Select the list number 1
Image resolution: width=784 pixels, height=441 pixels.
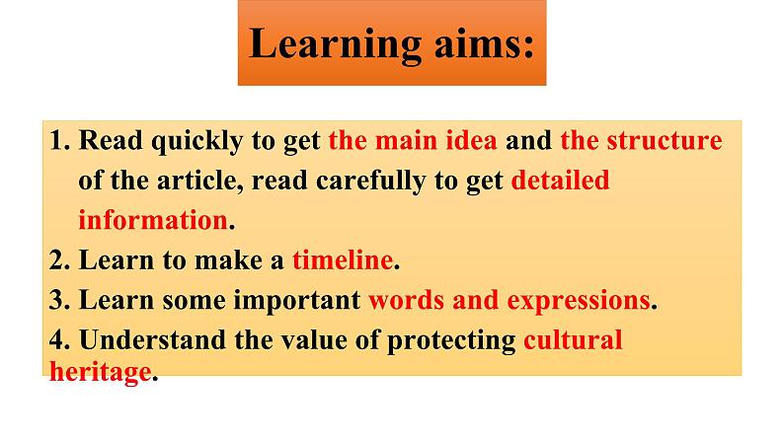(59, 140)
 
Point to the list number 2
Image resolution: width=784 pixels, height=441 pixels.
(59, 260)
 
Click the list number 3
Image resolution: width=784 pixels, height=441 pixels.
(59, 300)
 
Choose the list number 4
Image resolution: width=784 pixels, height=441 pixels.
(59, 340)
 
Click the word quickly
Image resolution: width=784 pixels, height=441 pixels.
(196, 142)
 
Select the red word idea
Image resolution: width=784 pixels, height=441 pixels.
(471, 140)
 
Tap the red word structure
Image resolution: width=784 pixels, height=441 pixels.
(664, 140)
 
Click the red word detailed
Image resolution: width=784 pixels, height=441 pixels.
(560, 181)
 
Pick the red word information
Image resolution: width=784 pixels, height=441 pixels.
(153, 220)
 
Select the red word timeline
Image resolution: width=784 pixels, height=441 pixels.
(343, 260)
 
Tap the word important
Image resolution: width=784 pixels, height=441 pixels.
(297, 302)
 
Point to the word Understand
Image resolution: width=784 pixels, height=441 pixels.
(152, 340)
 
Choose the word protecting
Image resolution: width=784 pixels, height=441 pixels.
(451, 341)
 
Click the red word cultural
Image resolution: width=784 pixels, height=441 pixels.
(573, 340)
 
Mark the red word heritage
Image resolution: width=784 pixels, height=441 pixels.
(100, 373)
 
